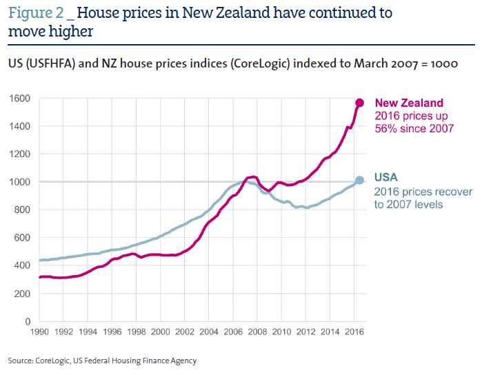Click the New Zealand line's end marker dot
click(359, 103)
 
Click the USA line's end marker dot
click(359, 181)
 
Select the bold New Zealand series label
click(409, 103)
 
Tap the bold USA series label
click(386, 177)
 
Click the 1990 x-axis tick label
click(41, 332)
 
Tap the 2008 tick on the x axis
click(257, 332)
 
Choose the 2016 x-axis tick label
click(354, 332)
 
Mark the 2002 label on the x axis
click(185, 332)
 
